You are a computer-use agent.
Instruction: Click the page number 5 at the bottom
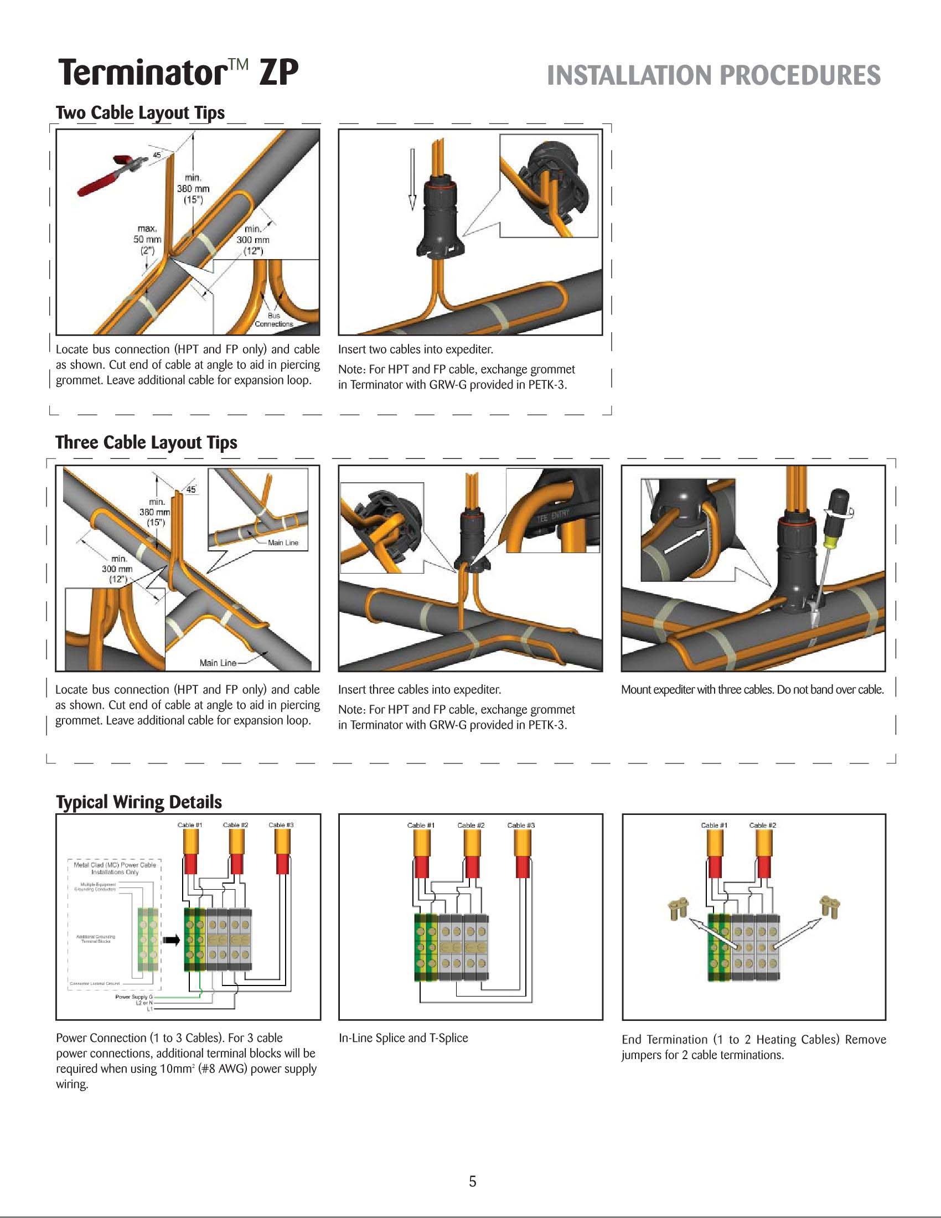click(x=472, y=1181)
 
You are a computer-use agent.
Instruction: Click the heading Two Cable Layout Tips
click(x=140, y=112)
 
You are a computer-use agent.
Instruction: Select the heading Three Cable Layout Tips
click(x=146, y=442)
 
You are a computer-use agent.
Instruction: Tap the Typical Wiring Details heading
click(x=139, y=802)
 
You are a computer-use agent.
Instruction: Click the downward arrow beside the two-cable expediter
click(x=412, y=178)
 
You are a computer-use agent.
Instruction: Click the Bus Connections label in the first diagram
click(x=273, y=319)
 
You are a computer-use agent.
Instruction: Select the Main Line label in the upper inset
click(x=283, y=542)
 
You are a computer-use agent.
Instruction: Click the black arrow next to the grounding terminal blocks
click(x=171, y=940)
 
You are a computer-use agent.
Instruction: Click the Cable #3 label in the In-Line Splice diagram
click(x=521, y=825)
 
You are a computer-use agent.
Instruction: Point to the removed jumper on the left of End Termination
click(x=677, y=910)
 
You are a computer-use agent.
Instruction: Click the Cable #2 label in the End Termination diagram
click(x=762, y=825)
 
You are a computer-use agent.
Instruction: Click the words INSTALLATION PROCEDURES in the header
click(x=713, y=76)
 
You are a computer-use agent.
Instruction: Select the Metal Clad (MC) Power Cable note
click(x=115, y=868)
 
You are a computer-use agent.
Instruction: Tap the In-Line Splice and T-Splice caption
click(x=403, y=1038)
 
